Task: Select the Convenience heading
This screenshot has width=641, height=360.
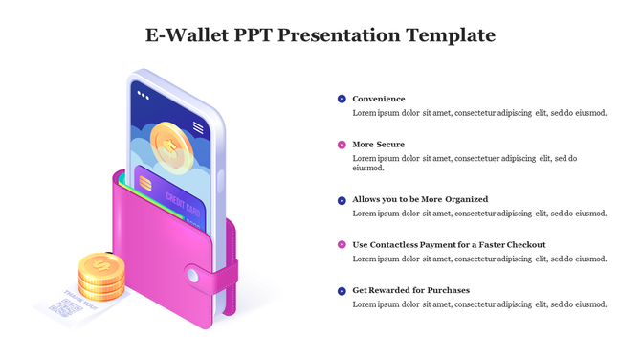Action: coord(378,99)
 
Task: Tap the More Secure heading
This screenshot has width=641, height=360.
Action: coord(378,145)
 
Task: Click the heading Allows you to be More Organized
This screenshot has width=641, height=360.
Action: coord(420,199)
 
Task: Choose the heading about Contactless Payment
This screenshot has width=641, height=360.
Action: coord(449,244)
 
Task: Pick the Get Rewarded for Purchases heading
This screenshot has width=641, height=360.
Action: coord(410,290)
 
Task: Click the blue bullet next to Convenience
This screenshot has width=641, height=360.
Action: coord(342,99)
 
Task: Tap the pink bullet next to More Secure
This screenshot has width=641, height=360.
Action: coord(342,145)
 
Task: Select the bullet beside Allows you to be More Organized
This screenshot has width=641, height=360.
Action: coord(342,199)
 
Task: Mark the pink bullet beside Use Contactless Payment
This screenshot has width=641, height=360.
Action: coord(342,244)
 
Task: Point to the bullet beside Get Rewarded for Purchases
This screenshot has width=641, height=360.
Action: coord(342,290)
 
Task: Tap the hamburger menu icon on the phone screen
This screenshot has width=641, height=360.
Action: coord(198,127)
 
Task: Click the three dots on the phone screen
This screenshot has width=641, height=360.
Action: coord(144,95)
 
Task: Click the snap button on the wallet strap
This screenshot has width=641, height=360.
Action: coord(193,276)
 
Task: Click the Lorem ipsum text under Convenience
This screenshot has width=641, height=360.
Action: coord(479,113)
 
